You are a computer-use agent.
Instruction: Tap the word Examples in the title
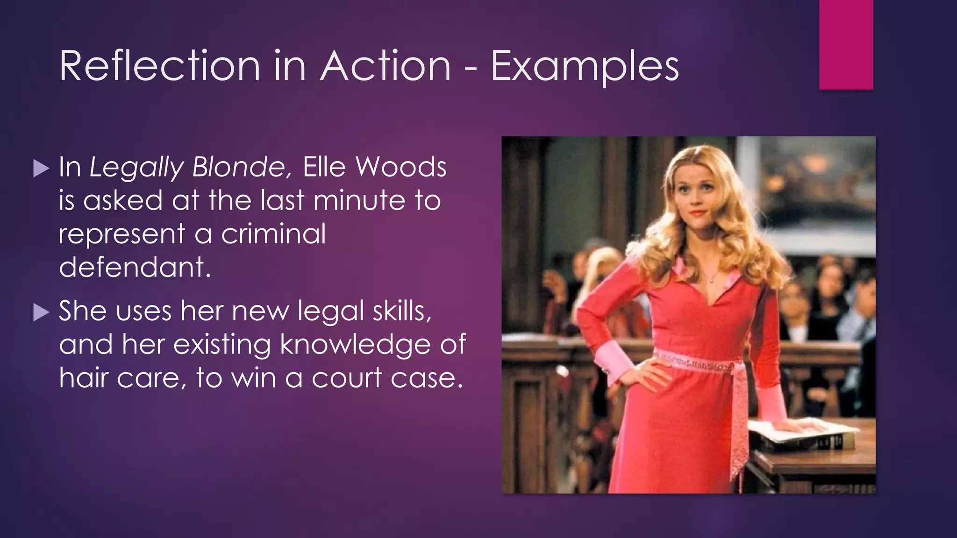point(585,67)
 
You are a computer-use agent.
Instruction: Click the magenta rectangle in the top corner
point(846,44)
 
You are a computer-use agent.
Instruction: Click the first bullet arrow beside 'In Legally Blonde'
point(41,168)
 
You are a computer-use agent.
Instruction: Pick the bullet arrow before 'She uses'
point(41,312)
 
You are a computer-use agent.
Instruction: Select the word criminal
point(273,234)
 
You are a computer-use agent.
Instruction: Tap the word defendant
point(135,267)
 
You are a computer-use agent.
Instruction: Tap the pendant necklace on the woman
point(712,280)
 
